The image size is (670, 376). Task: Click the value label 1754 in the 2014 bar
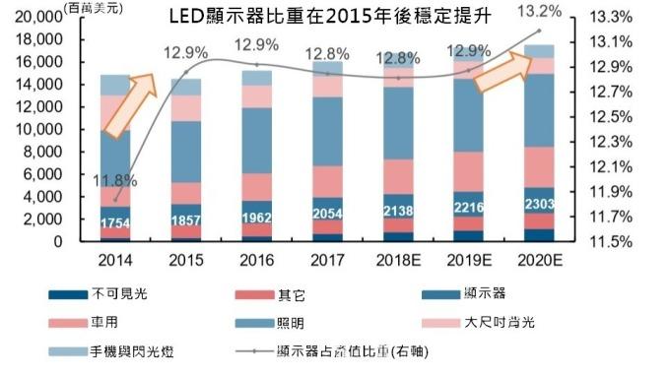115,223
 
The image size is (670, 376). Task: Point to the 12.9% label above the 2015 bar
186,51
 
